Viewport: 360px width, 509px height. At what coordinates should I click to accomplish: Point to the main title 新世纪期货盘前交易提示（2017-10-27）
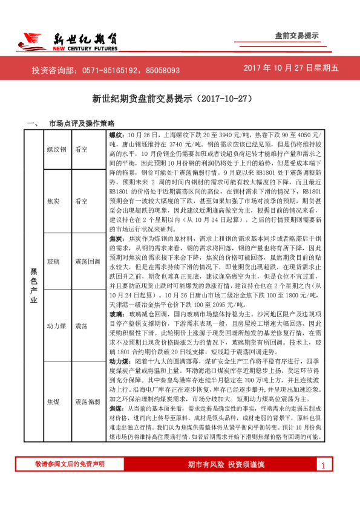click(x=180, y=97)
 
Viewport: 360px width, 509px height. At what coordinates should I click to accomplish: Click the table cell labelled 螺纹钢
click(x=56, y=148)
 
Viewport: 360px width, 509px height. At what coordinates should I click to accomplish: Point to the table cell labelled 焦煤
click(x=54, y=401)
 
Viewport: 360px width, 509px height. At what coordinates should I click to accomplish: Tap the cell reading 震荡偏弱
click(x=87, y=401)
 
